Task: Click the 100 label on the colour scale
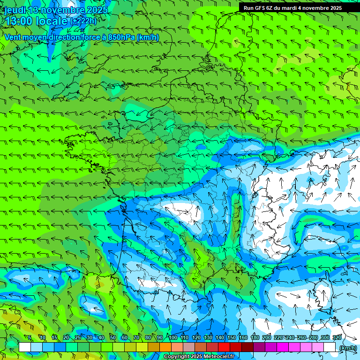pyautogui.click(x=173, y=337)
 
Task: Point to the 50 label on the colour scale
pyautogui.click(x=113, y=337)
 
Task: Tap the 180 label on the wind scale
pyautogui.click(x=255, y=337)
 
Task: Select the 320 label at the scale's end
pyautogui.click(x=337, y=337)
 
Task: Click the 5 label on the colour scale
pyautogui.click(x=30, y=337)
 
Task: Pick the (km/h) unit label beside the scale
pyautogui.click(x=347, y=348)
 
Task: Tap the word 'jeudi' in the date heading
pyautogui.click(x=15, y=10)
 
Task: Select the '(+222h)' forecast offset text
pyautogui.click(x=83, y=21)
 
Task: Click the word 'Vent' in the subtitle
pyautogui.click(x=13, y=37)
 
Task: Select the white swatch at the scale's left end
pyautogui.click(x=25, y=347)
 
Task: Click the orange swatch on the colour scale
pyautogui.click(x=165, y=347)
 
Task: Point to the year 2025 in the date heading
pyautogui.click(x=97, y=10)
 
